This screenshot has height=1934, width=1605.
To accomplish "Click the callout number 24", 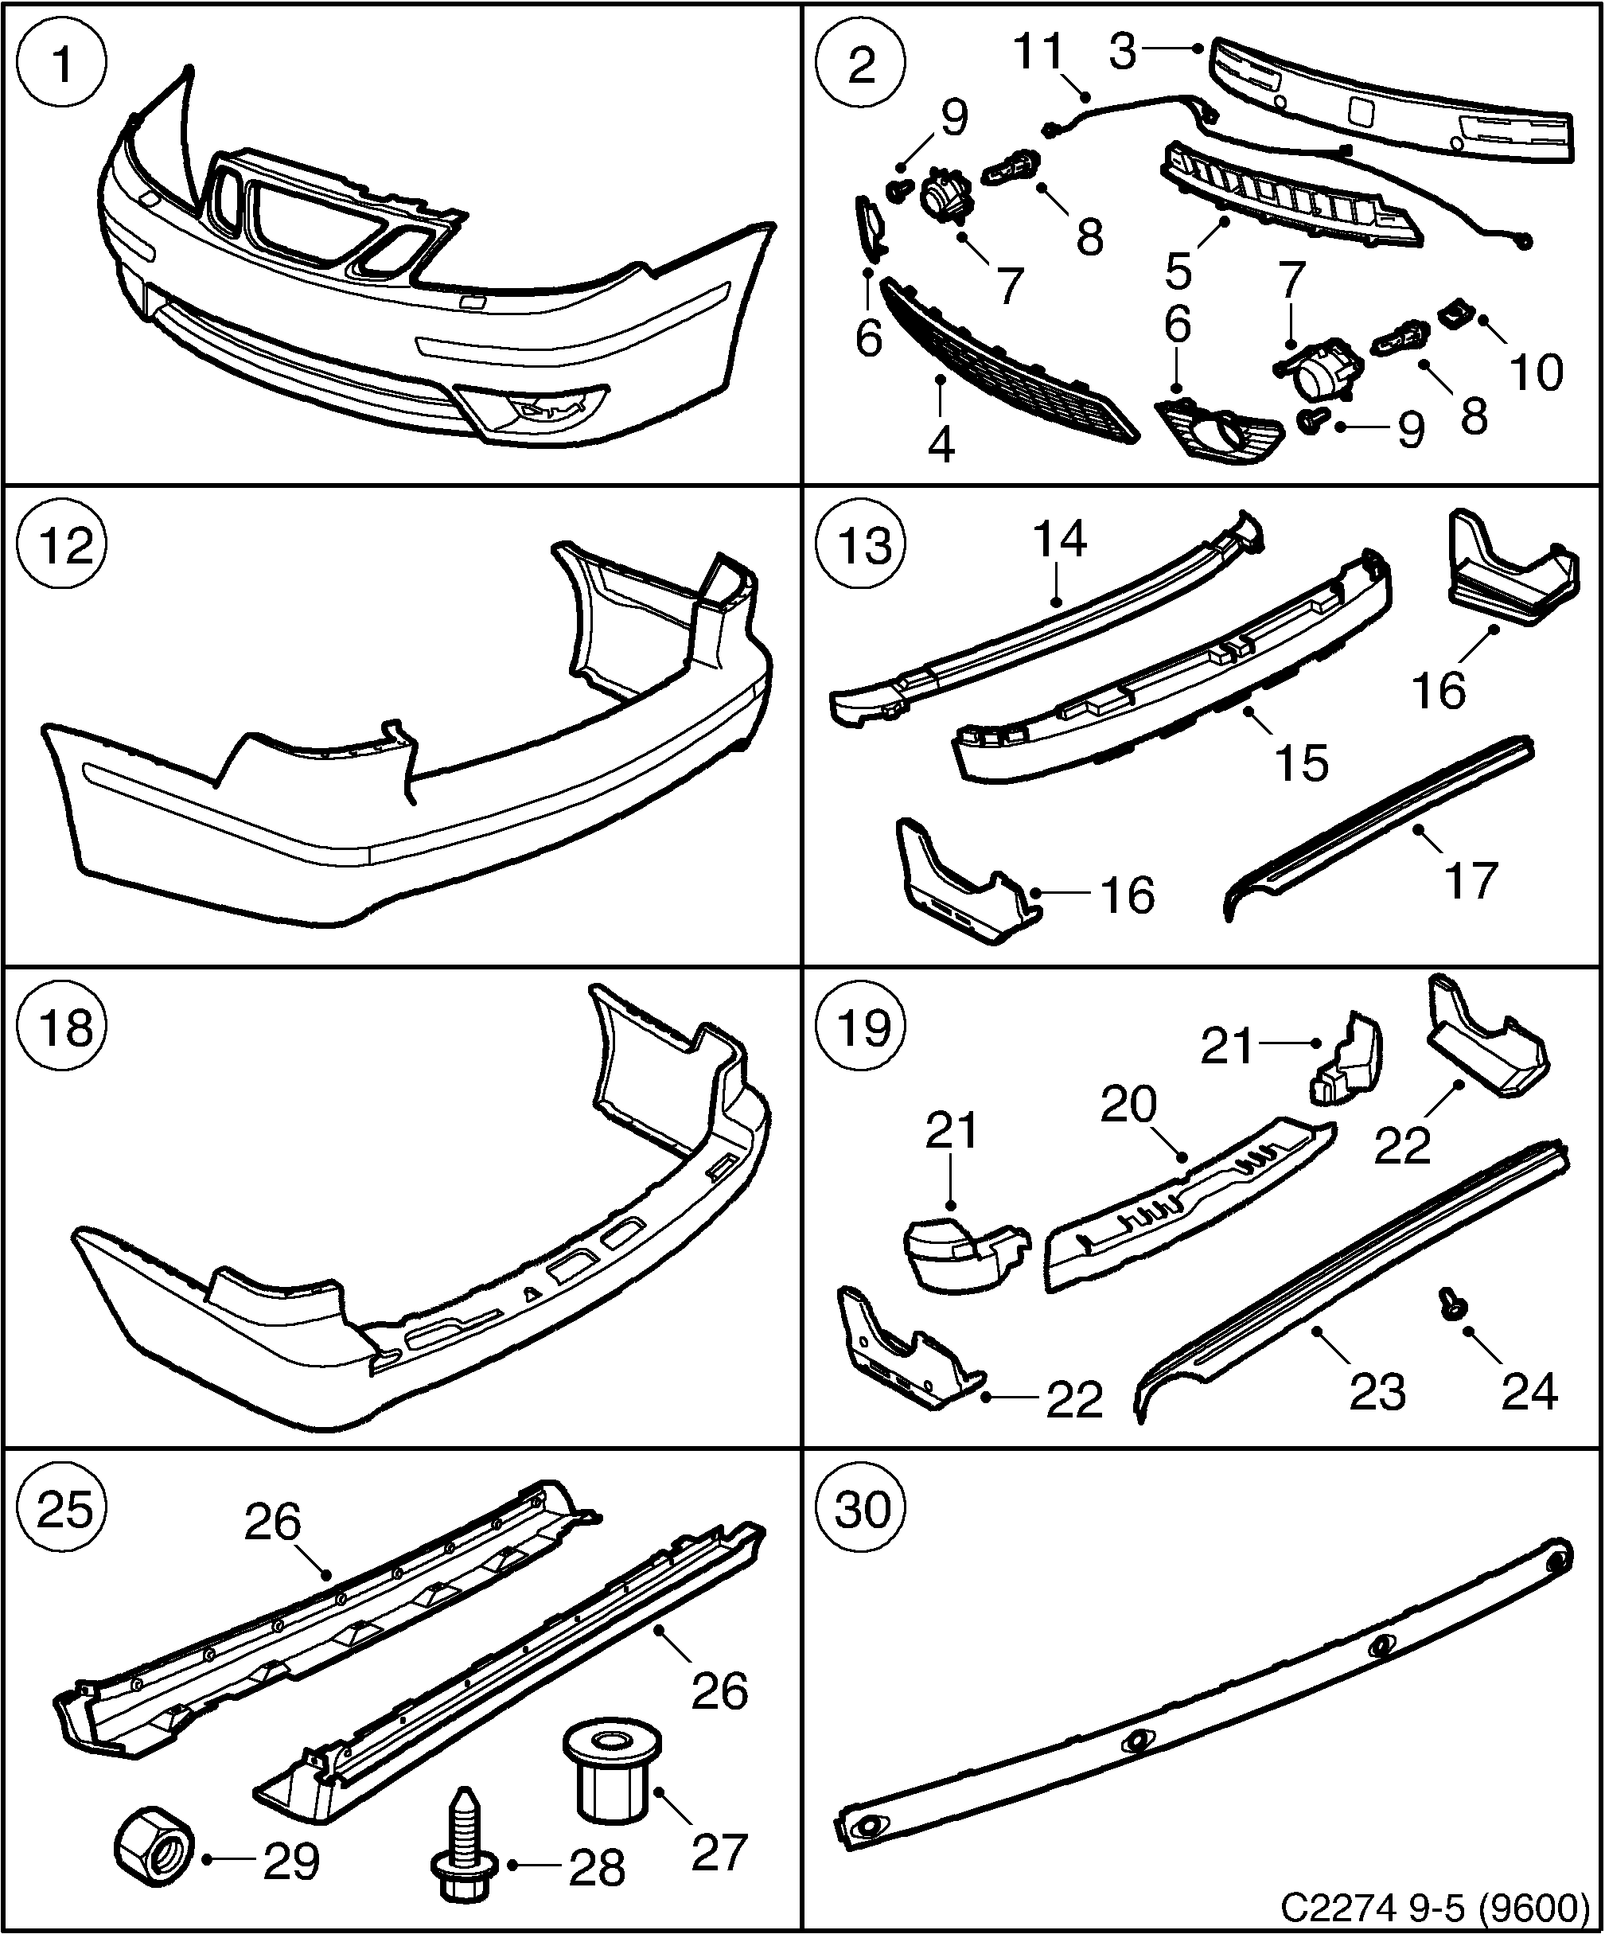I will click(x=1529, y=1390).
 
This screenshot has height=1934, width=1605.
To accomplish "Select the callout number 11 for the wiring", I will click(x=1038, y=53).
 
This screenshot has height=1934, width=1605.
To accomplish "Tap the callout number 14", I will click(x=1060, y=539).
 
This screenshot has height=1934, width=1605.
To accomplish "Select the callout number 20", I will click(x=1129, y=1103).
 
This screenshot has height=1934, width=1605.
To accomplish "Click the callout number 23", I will click(x=1377, y=1390).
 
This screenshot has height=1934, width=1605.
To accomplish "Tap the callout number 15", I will click(x=1302, y=762).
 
